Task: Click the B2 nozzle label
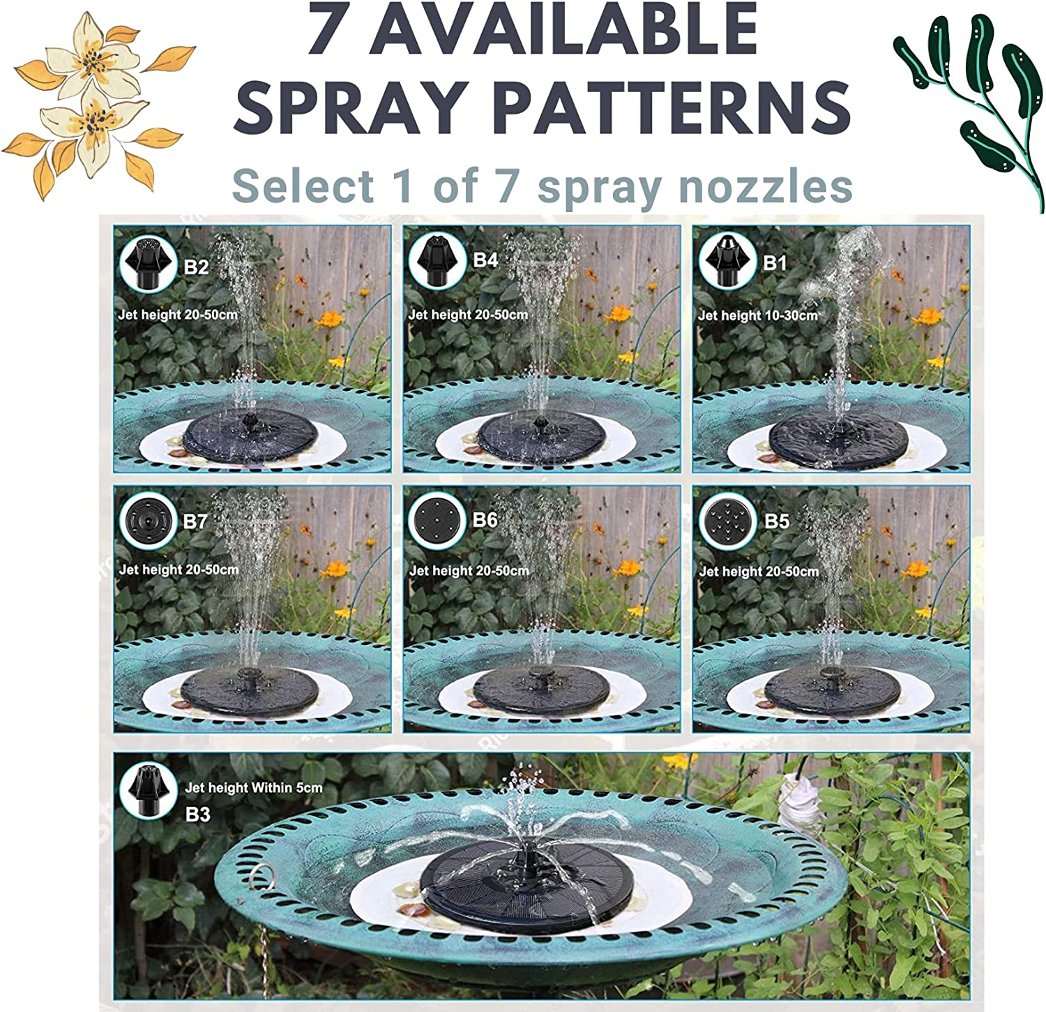[x=196, y=267]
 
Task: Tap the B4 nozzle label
[x=485, y=260]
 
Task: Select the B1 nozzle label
[x=775, y=262]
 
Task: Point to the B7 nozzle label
[x=196, y=521]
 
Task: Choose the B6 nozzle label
[x=485, y=520]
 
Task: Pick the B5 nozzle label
[x=777, y=521]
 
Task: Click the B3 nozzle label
[x=197, y=814]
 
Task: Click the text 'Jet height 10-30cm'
[x=757, y=315]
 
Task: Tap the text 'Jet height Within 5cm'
[x=253, y=788]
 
